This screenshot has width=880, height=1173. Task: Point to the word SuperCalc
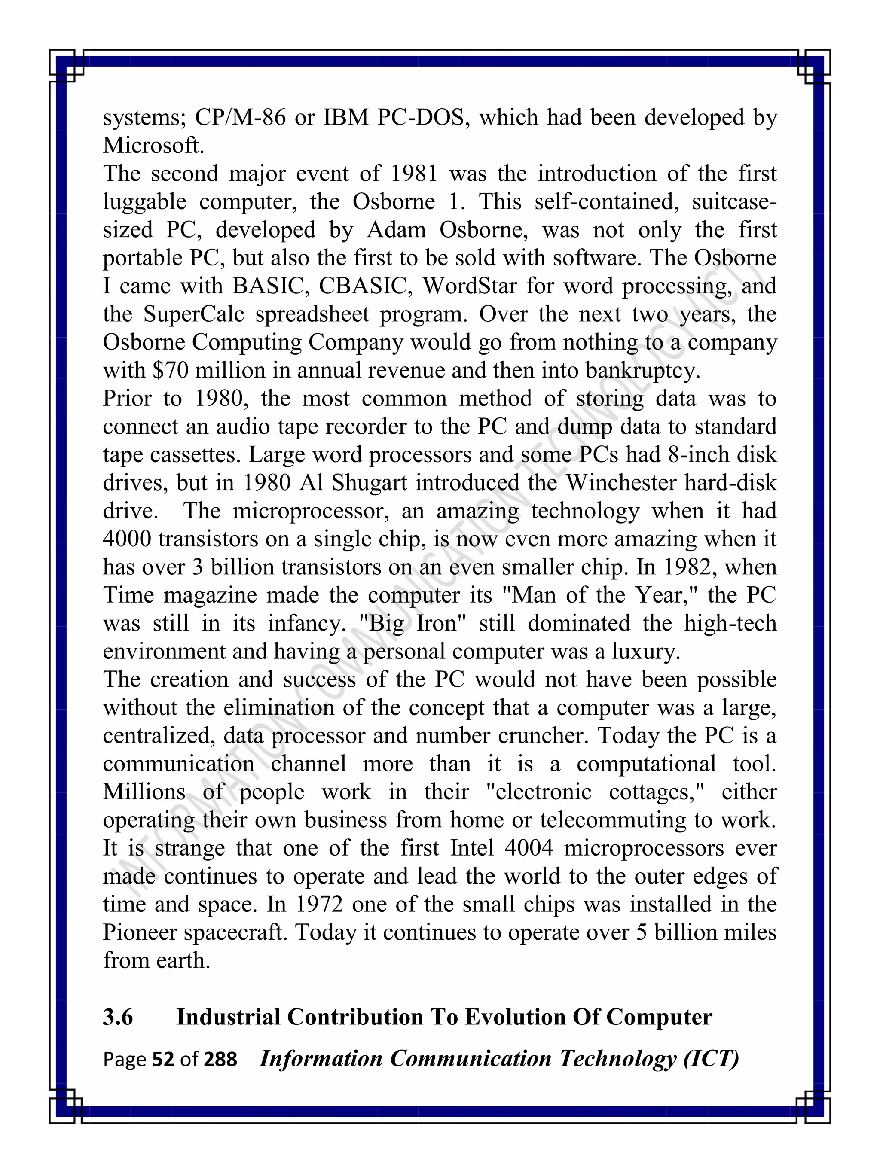coord(194,314)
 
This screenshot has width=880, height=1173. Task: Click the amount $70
coord(170,371)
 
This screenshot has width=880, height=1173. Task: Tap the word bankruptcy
coord(643,371)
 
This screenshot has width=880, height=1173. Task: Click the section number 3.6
coord(118,1017)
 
